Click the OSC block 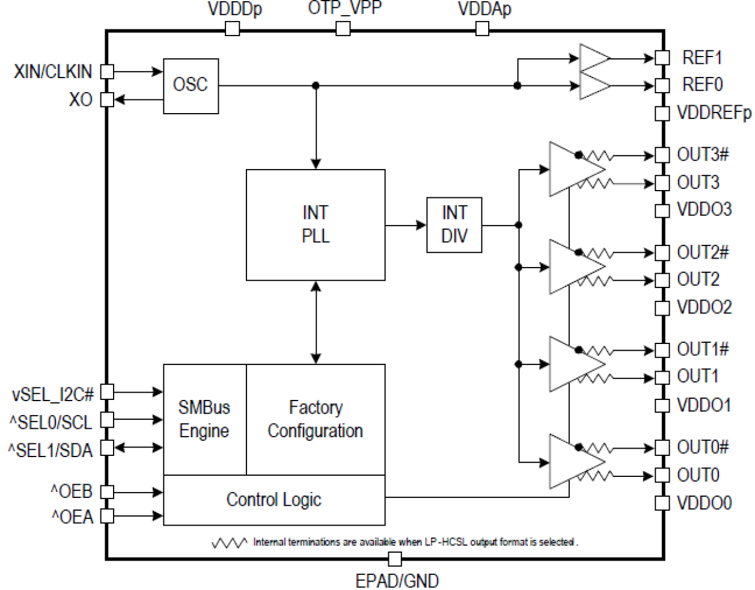[191, 86]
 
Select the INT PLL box [316, 225]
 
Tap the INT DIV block [454, 225]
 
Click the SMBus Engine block [204, 419]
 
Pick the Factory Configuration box [316, 419]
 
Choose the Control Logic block [274, 500]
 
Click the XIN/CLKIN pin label [53, 72]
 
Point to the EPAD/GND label [397, 581]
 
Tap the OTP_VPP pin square [343, 29]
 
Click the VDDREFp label [714, 113]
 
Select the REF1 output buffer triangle [593, 58]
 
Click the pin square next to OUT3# [662, 155]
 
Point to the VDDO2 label [704, 307]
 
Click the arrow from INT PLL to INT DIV [406, 226]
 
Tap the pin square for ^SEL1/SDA [107, 447]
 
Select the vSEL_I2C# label [53, 395]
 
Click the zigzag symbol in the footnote [229, 543]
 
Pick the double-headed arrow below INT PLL [316, 322]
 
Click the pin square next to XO [107, 99]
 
